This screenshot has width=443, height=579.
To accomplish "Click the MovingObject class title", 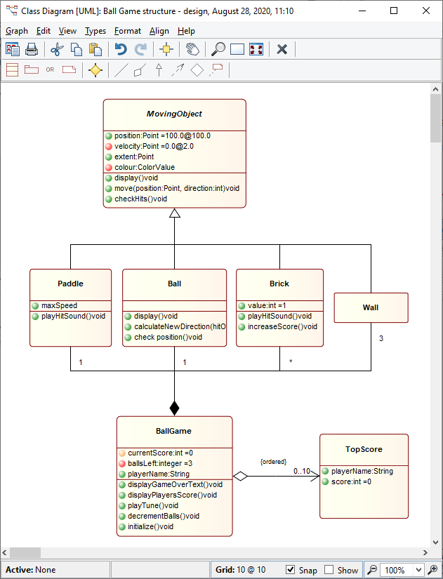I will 174,114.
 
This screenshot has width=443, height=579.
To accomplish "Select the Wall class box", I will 371,307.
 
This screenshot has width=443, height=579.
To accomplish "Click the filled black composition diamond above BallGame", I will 175,407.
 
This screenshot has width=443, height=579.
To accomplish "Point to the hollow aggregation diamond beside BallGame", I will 241,476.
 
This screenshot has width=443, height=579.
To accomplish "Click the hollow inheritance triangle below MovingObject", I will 175,213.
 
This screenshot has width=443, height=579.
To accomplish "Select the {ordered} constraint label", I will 273,461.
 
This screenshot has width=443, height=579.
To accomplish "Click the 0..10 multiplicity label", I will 302,471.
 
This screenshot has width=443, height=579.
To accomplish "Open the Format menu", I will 127,31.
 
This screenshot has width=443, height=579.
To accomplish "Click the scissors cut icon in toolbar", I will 57,49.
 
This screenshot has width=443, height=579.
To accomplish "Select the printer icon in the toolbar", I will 32,49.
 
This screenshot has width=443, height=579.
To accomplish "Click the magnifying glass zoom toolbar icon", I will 218,49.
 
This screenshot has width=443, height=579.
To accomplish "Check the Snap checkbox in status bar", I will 291,570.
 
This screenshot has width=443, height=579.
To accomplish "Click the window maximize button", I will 394,11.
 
